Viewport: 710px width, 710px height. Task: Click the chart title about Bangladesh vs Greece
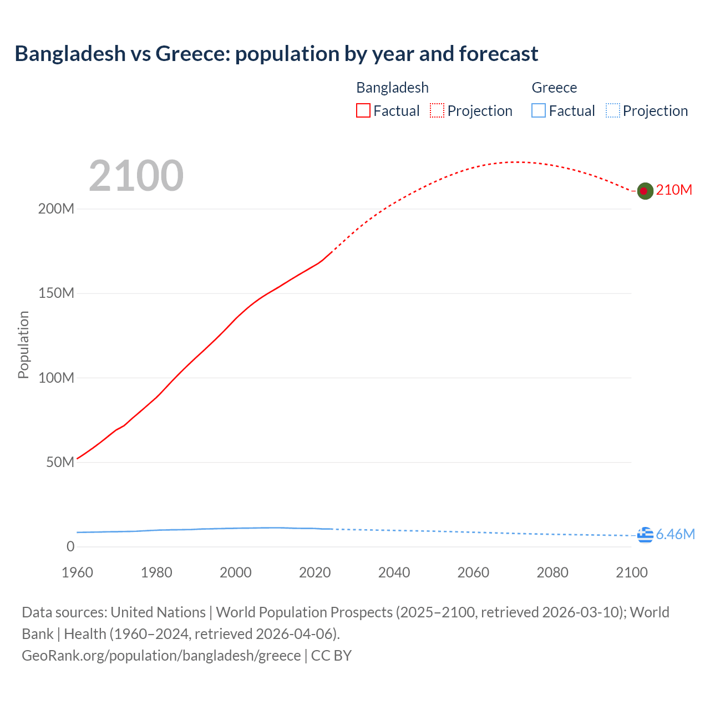pos(276,54)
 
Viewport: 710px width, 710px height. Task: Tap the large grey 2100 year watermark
pos(136,176)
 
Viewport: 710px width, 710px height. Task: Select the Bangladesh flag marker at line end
pos(644,191)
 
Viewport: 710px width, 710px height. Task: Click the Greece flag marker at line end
pos(645,535)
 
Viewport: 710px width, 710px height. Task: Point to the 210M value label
pos(674,190)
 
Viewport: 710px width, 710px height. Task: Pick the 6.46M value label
pos(675,534)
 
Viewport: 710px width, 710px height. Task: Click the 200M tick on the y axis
pos(56,209)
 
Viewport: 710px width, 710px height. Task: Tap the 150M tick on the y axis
pos(56,293)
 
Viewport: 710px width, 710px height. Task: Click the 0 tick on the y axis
pos(70,546)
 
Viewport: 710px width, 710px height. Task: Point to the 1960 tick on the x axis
pos(77,572)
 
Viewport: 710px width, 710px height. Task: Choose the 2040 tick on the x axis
pos(394,572)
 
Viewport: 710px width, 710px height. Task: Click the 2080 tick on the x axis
pos(552,572)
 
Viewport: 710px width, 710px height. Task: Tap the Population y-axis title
pos(23,344)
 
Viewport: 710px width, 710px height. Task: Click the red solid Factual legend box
pos(363,111)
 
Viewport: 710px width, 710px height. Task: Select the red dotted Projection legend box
pos(437,111)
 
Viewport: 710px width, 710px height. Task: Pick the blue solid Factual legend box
pos(538,111)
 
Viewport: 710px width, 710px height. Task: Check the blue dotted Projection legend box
pos(612,111)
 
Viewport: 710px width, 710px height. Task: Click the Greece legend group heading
pos(554,88)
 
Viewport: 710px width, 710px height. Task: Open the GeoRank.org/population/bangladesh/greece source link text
pos(161,656)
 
